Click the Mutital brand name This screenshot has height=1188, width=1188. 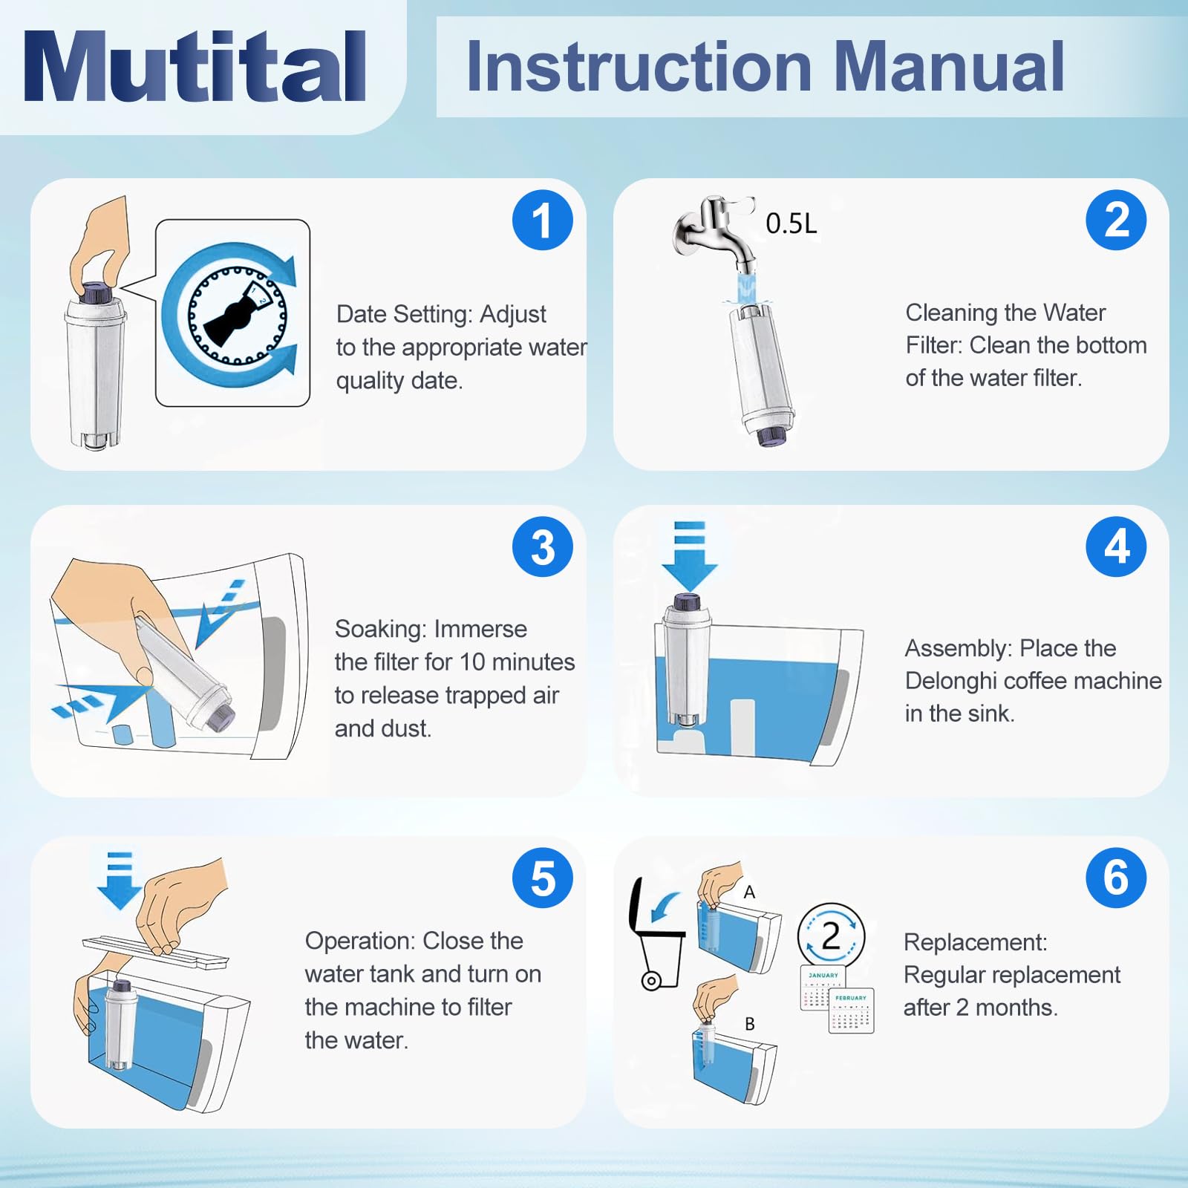(x=195, y=66)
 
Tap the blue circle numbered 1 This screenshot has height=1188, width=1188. (x=543, y=220)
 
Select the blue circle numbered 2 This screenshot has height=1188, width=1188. (x=1116, y=220)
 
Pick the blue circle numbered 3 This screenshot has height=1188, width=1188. (x=543, y=547)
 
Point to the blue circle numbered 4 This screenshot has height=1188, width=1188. (x=1116, y=547)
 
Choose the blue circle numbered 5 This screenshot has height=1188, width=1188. (x=543, y=878)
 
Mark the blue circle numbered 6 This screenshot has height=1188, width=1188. (x=1116, y=878)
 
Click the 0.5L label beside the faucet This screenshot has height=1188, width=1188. (x=792, y=223)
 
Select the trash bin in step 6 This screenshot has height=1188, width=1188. (x=657, y=935)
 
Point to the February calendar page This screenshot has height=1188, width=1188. (x=851, y=1011)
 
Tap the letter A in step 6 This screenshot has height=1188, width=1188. (x=749, y=892)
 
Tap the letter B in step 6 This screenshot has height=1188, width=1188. (x=750, y=1024)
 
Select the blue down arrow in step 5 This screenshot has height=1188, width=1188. (x=120, y=881)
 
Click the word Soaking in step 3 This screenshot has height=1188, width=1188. (x=382, y=629)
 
